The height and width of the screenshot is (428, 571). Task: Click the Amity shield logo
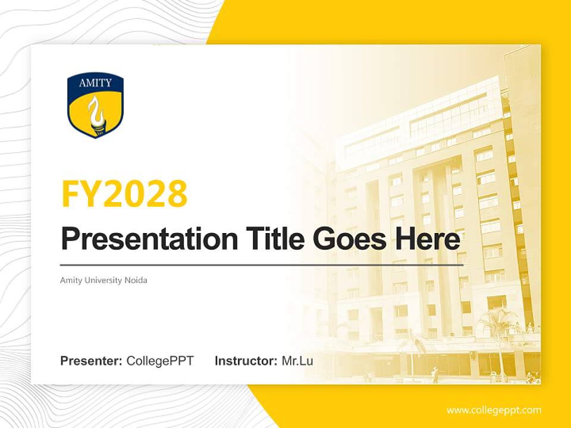[x=95, y=106]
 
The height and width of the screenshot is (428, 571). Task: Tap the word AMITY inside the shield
[x=95, y=83]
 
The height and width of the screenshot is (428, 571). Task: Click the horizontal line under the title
[x=262, y=265]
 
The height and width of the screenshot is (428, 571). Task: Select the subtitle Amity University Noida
[x=103, y=280]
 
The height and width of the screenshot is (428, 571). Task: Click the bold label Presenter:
[x=92, y=361]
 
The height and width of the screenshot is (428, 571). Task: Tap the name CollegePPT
[x=160, y=361]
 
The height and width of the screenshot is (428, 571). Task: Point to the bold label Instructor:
[x=246, y=361]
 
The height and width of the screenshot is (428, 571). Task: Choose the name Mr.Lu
[x=297, y=361]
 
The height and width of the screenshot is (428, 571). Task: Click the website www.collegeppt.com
[x=494, y=410]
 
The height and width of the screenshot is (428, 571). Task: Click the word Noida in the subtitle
[x=136, y=280]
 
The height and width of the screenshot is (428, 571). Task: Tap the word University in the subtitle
[x=102, y=280]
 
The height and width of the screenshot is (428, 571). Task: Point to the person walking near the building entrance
[x=435, y=375]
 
